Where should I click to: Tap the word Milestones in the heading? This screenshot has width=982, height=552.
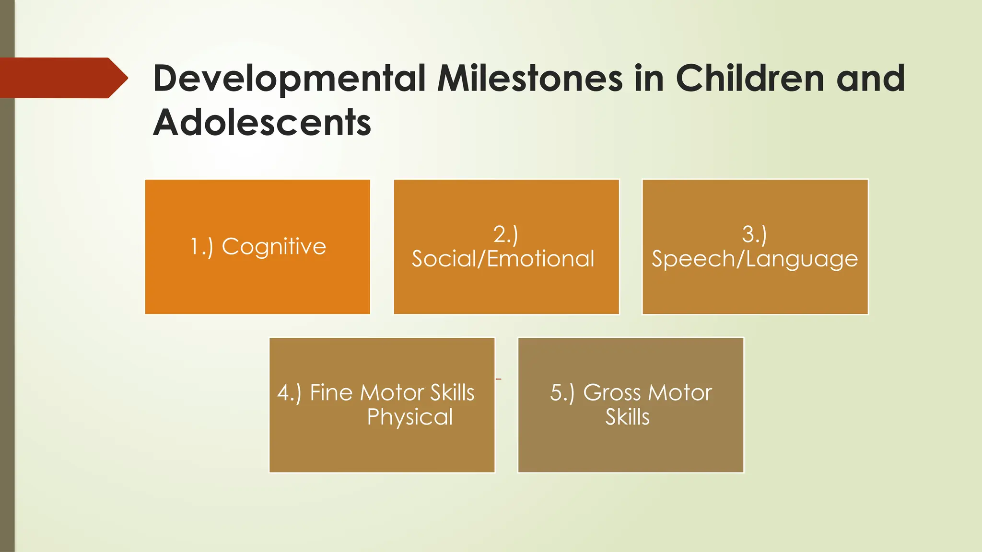[x=530, y=78]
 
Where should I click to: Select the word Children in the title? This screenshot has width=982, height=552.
[x=750, y=78]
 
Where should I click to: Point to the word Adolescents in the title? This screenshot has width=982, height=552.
[x=262, y=123]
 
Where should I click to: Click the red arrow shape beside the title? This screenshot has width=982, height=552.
[x=62, y=78]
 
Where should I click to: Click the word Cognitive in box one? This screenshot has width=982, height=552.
[x=274, y=247]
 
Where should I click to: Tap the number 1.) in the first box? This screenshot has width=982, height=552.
[x=201, y=247]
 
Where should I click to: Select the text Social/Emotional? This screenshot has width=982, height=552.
[x=503, y=259]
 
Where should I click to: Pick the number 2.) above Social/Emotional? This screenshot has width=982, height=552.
[x=505, y=235]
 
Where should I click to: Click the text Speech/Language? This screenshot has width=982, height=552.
[x=755, y=259]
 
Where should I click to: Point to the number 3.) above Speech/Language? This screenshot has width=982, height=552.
[x=754, y=235]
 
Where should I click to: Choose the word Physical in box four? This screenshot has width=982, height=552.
[x=410, y=417]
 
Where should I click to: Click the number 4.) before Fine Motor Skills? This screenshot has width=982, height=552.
[x=289, y=393]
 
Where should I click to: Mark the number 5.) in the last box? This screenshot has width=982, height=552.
[x=562, y=393]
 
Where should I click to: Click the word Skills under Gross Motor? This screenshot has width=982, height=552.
[x=627, y=417]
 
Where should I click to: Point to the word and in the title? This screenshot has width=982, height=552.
[x=870, y=78]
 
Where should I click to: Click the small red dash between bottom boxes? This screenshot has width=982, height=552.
[x=498, y=379]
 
